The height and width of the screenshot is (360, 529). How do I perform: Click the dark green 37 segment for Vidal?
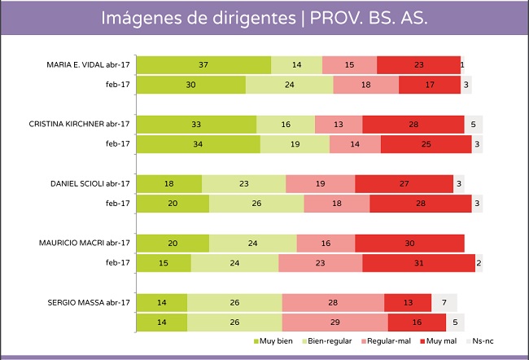point(203,64)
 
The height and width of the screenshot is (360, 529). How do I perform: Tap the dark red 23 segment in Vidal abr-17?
point(418,64)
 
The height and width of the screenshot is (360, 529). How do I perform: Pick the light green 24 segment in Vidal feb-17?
point(290,85)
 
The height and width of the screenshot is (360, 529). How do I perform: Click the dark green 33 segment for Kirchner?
point(196,124)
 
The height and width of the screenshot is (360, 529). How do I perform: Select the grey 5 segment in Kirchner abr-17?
point(474,124)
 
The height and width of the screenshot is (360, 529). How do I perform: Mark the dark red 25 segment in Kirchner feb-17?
point(426,144)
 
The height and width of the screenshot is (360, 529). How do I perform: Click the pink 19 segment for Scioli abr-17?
point(320,183)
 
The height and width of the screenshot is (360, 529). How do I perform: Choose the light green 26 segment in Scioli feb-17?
point(256,204)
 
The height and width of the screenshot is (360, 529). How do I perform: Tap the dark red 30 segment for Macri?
point(409,243)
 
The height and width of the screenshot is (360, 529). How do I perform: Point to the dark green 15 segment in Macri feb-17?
point(164,263)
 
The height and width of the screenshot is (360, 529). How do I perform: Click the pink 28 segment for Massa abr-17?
point(333,301)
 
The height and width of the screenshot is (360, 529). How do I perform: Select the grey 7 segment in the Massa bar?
point(444,301)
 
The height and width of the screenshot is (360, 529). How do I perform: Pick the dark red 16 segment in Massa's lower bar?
point(416,322)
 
